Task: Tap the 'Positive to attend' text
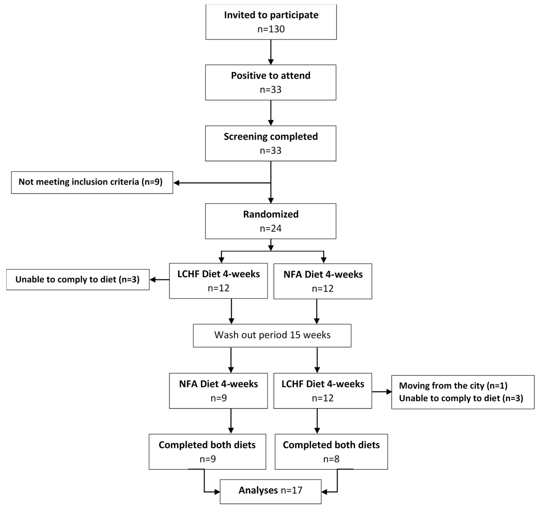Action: [x=271, y=75]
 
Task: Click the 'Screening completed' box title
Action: [x=271, y=136]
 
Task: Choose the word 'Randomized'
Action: [x=271, y=214]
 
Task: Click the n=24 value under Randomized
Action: [x=271, y=228]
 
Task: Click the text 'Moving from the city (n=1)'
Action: [x=453, y=386]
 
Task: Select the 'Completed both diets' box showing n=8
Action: [x=331, y=452]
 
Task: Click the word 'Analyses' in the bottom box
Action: [x=258, y=490]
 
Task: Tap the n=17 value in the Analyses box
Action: [x=291, y=490]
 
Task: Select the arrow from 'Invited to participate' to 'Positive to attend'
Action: [x=271, y=52]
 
